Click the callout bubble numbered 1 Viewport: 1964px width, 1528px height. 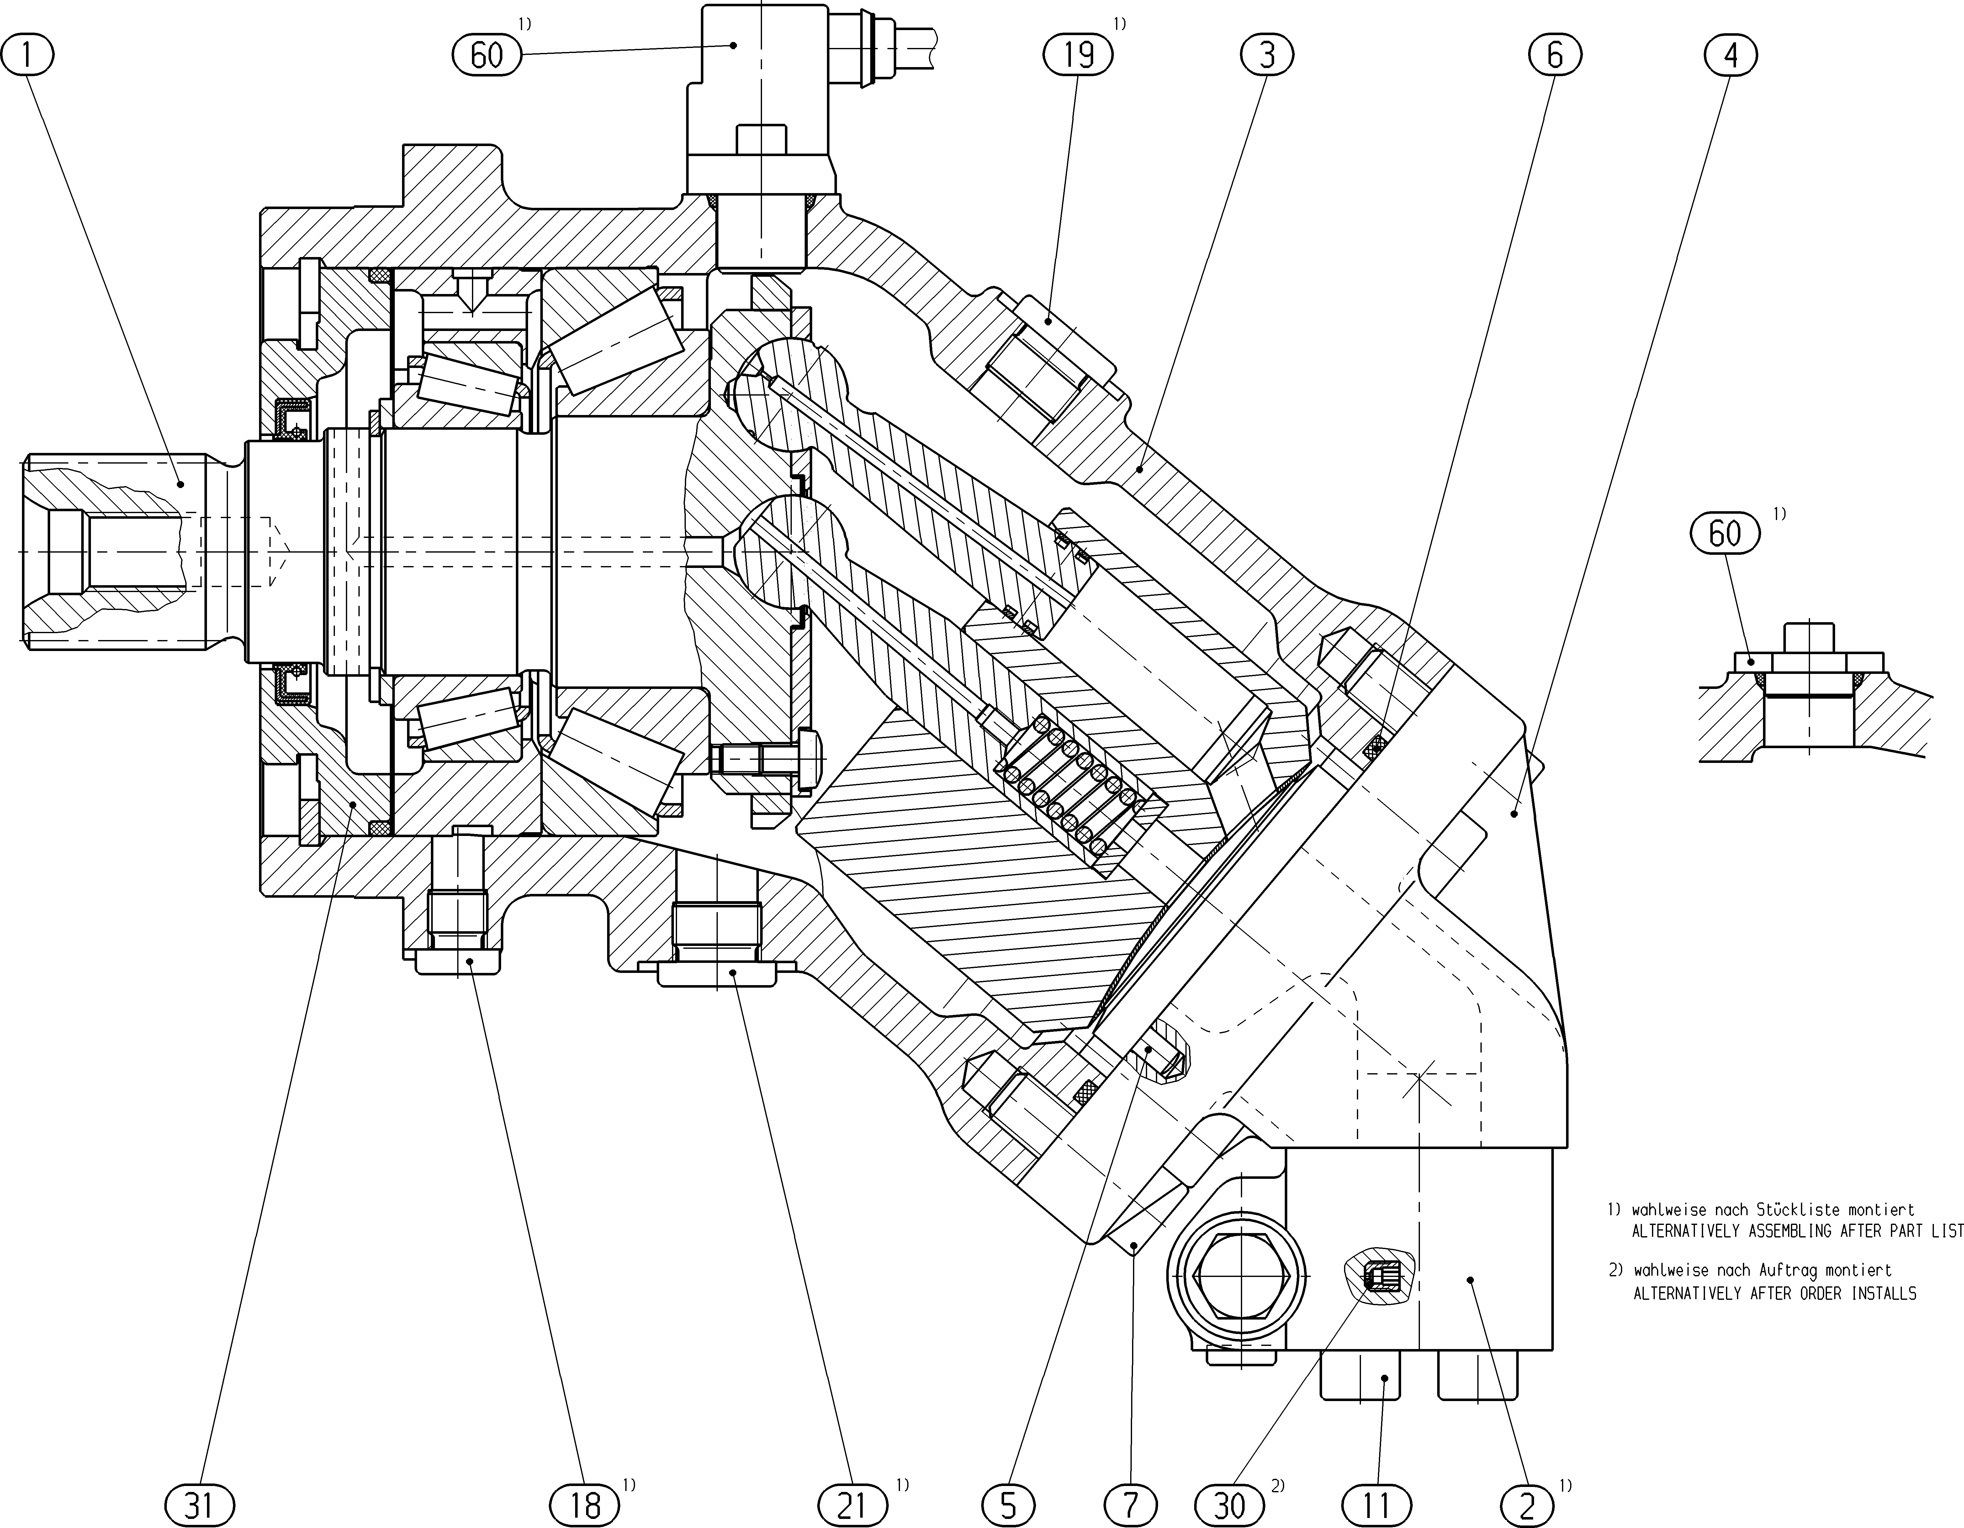click(x=28, y=56)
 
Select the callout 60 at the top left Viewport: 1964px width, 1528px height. click(x=486, y=56)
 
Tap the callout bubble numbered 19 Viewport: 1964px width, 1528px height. click(x=1078, y=56)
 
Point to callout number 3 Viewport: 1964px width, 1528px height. click(x=1266, y=56)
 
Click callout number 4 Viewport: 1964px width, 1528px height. click(x=1730, y=56)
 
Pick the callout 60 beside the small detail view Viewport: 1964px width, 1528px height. click(x=1725, y=534)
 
